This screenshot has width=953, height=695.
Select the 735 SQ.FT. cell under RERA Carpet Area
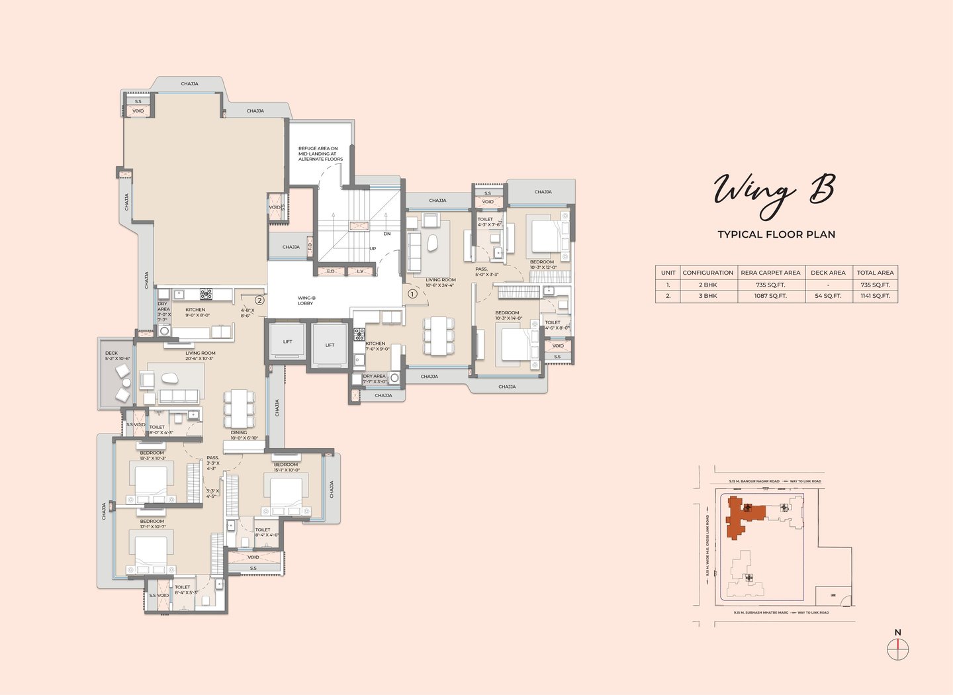770,285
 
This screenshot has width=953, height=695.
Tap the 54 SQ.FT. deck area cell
828,296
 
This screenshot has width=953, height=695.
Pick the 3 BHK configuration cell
708,296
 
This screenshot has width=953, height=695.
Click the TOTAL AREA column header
875,272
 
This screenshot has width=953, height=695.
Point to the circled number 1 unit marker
412,293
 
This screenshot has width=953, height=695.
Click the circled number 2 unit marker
259,300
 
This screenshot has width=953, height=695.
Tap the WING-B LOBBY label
306,301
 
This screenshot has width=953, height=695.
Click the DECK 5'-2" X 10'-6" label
117,356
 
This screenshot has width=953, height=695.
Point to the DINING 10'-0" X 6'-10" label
240,435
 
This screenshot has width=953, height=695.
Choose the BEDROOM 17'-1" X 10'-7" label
152,524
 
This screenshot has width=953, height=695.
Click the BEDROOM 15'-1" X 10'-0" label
286,467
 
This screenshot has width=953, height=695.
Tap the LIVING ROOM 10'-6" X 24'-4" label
440,283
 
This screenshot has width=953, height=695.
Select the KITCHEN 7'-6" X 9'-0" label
376,346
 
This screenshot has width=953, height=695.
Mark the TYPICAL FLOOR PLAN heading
776,234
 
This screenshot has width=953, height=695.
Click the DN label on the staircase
387,234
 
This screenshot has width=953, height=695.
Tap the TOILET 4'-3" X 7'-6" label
488,222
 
